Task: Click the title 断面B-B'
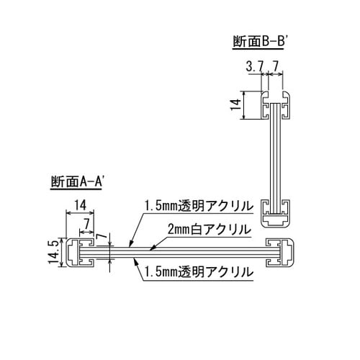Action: [258, 42]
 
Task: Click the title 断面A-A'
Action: [77, 181]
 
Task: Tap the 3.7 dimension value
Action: [254, 66]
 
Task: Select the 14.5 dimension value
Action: [54, 252]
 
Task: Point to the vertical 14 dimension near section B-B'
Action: [235, 105]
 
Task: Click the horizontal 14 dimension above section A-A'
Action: [80, 206]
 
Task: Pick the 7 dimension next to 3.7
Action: [275, 66]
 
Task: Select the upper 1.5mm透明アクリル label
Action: [199, 206]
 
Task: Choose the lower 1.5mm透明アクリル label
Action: [199, 272]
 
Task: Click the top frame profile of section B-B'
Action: [276, 105]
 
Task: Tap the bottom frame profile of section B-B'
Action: [276, 213]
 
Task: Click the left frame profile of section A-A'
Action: [80, 253]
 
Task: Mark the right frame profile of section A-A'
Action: [280, 253]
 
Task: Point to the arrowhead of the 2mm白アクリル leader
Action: [152, 249]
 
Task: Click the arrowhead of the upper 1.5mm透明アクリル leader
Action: [130, 244]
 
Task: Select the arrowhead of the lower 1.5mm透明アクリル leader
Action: [136, 261]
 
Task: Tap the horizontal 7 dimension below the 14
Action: [86, 225]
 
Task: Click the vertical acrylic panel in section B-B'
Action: [276, 158]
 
